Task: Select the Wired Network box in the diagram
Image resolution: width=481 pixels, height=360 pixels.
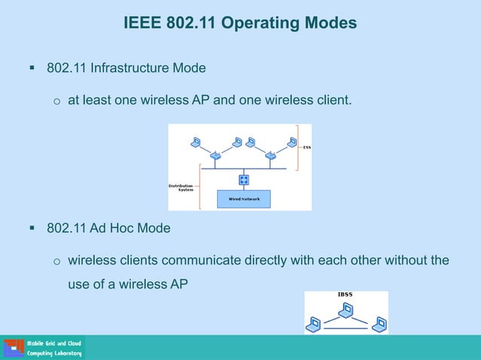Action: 244,199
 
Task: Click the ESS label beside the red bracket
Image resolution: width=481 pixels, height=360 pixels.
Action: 307,148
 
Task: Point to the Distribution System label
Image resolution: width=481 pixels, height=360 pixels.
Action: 181,187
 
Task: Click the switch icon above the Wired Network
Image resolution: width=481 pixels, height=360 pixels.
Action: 244,179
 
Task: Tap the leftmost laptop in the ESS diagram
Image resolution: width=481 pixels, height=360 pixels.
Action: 195,141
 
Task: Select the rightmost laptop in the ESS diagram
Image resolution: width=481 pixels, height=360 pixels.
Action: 292,141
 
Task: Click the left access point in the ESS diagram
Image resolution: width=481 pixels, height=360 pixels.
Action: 216,156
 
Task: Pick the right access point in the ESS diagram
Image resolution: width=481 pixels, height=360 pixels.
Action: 270,156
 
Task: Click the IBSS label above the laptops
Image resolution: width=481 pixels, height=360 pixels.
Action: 345,294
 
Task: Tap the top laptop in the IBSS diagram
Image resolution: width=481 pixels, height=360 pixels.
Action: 346,308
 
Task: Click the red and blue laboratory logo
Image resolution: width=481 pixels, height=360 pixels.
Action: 14,347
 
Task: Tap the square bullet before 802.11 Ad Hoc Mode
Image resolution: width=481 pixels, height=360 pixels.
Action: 32,227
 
